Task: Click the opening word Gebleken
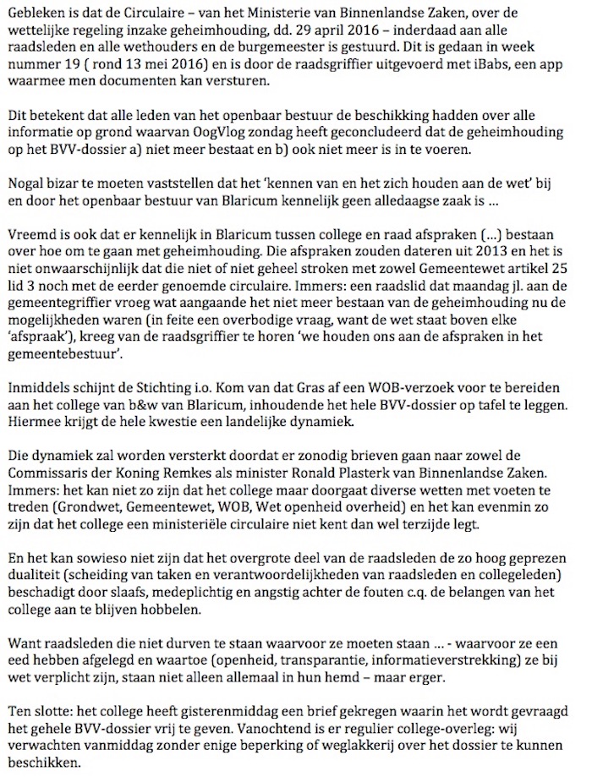click(35, 12)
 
